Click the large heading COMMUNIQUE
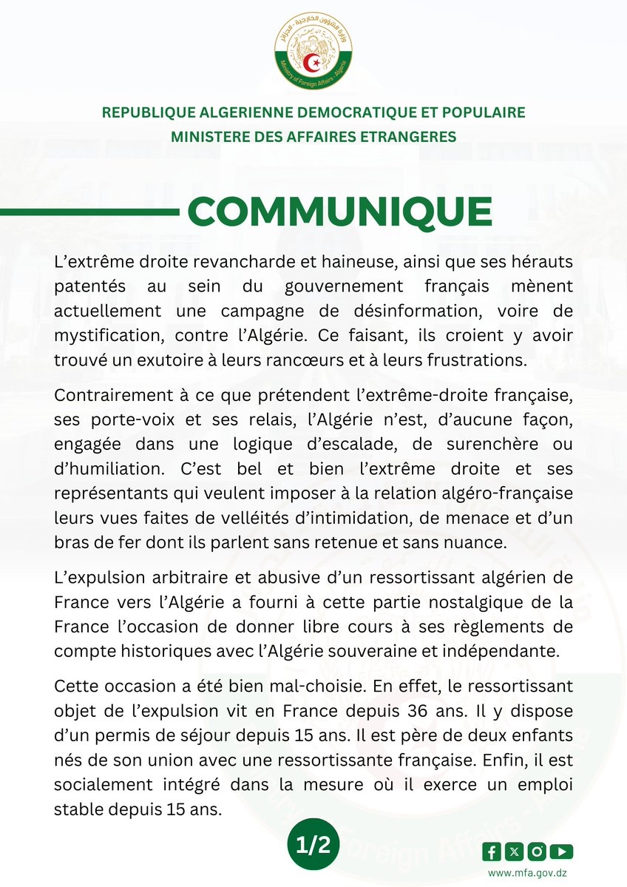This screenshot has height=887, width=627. click(339, 212)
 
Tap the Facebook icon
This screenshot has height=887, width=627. click(492, 851)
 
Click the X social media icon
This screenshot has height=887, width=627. click(515, 851)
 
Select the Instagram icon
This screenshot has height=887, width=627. click(539, 851)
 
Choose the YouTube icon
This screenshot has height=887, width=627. click(563, 851)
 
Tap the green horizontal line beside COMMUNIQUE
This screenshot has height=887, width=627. click(89, 212)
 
